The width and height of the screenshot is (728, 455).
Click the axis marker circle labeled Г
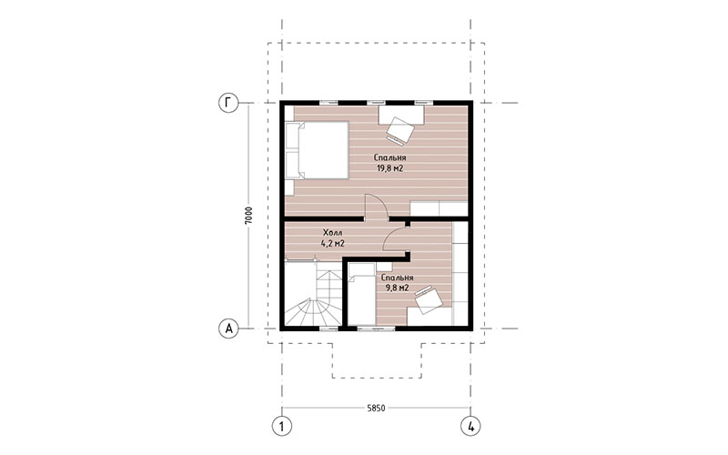pos(228,103)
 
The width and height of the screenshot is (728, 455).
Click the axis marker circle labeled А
pos(228,329)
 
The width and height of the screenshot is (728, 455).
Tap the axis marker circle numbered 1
pos(282,426)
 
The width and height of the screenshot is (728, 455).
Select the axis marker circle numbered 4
pos(470,426)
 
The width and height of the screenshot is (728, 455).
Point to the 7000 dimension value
pos(249,216)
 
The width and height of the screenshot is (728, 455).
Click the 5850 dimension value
pos(376,408)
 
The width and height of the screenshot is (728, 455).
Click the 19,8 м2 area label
pos(389,168)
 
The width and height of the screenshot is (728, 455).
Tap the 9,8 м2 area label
pos(397,288)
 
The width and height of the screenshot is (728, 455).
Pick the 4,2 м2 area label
pos(332,243)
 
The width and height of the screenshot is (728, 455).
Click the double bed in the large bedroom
pos(317,150)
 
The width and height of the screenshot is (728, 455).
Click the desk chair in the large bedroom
pos(399,130)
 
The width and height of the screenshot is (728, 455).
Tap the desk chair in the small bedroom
pos(429,300)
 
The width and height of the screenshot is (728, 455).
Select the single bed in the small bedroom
pos(361,294)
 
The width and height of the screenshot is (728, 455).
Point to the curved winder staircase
pos(313,294)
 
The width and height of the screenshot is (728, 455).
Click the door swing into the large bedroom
pos(377,207)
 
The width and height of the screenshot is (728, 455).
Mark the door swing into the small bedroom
pos(396,238)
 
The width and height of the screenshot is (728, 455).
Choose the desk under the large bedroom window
pos(401,115)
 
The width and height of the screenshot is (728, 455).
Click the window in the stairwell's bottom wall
pos(329,329)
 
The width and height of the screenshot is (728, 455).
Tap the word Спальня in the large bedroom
pos(389,157)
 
